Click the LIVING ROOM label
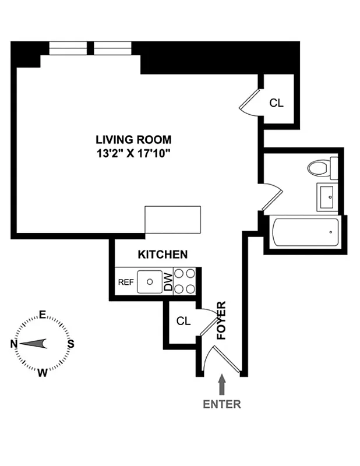coord(134,139)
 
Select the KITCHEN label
coord(163,255)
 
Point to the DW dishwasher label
coord(168,282)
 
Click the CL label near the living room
coord(276,103)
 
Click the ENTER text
coord(221,404)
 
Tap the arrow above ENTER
coord(221,384)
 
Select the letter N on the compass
coord(14,344)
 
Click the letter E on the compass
coord(43,315)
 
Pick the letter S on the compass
coord(71,344)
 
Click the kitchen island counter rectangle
coord(172,220)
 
